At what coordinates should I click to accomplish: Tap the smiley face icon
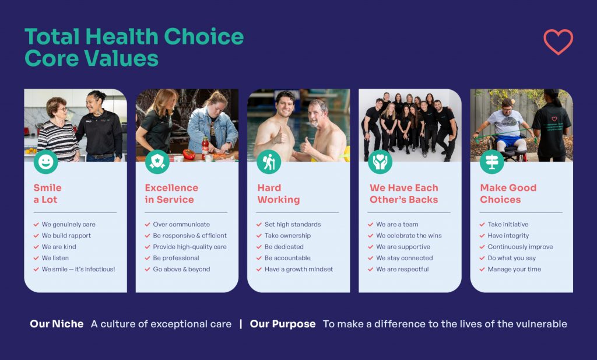point(45,162)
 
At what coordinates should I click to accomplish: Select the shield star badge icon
point(157,162)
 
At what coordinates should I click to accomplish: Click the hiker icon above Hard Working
point(269,162)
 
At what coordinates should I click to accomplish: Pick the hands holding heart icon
point(380,162)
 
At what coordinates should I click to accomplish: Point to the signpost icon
point(491,162)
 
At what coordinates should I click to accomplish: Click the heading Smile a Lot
point(48,194)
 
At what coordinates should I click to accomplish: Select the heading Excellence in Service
point(171,194)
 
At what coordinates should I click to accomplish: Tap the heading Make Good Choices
point(508,194)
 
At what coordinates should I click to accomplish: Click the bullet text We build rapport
point(66,235)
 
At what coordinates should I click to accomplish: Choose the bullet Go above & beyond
point(182,269)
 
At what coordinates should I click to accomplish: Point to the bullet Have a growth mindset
point(299,269)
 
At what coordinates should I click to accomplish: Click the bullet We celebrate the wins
point(409,235)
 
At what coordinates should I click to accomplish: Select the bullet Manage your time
point(514,269)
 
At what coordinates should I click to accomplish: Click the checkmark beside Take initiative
point(482,225)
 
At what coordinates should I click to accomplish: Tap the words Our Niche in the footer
point(57,324)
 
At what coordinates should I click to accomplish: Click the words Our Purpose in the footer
point(283,324)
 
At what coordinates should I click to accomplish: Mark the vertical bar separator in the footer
point(241,324)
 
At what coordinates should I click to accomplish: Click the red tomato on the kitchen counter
point(189,154)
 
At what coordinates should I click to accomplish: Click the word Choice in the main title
point(203,37)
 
